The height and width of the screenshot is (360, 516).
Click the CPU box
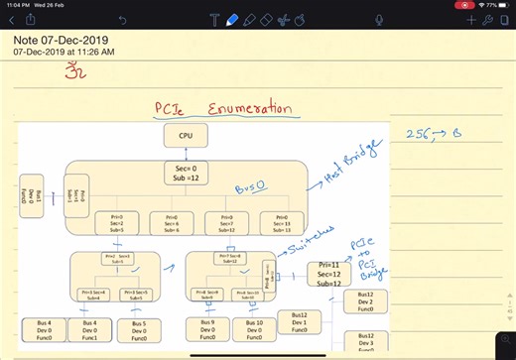point(186,138)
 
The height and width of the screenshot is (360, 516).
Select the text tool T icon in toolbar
point(215,19)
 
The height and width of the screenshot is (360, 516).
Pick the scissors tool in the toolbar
point(285,19)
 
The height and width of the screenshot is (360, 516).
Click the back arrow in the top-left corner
point(10,19)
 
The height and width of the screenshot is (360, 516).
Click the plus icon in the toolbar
point(470,19)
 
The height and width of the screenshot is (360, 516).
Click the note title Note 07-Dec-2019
point(63,41)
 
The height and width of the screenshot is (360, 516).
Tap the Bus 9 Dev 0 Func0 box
point(206,329)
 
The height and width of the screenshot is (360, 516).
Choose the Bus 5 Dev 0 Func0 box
point(137,329)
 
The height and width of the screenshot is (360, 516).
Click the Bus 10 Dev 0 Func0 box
point(253,329)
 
